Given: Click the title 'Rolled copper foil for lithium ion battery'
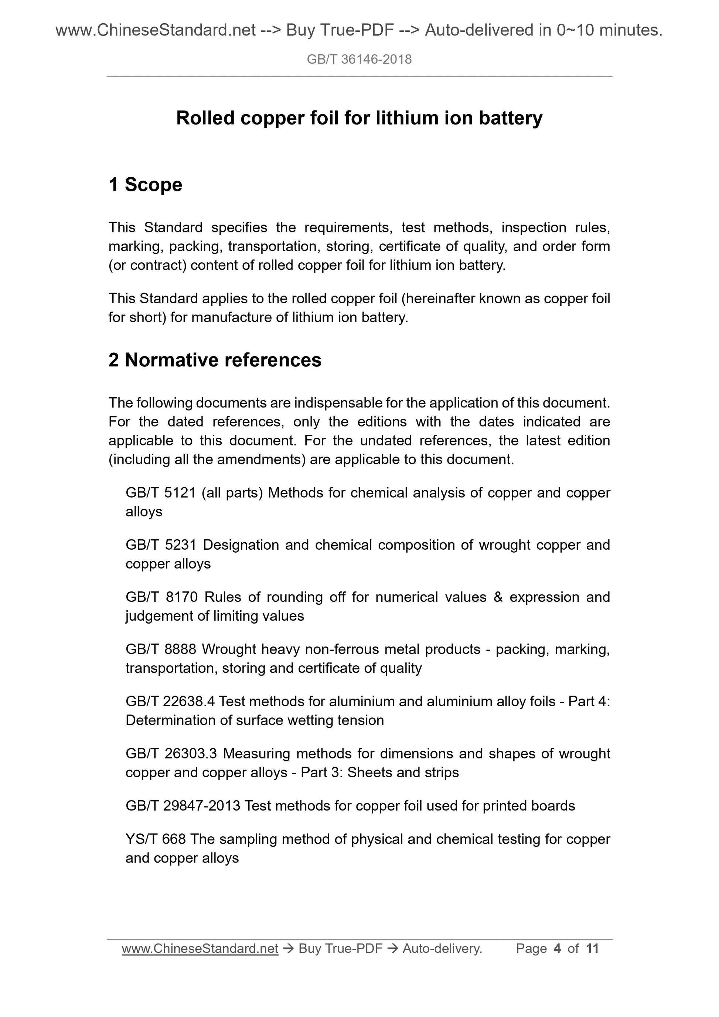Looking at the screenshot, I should pos(359,118).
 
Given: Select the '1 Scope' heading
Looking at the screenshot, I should pos(145,185).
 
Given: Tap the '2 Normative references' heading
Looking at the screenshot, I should pos(215,360).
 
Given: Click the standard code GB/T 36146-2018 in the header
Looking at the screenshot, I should pos(359,59).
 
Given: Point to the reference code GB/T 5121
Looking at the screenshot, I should pos(160,492).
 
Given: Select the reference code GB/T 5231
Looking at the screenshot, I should pos(161,545).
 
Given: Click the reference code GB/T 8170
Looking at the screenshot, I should pos(161,597).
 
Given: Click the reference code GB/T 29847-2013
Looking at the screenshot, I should pos(183,805).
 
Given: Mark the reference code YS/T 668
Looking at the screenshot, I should pos(156,839).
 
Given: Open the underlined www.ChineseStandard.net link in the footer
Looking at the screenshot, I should pos(200,948).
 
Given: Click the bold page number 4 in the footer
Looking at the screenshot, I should pos(557,948).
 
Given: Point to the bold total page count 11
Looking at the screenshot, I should pos(592,948).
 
